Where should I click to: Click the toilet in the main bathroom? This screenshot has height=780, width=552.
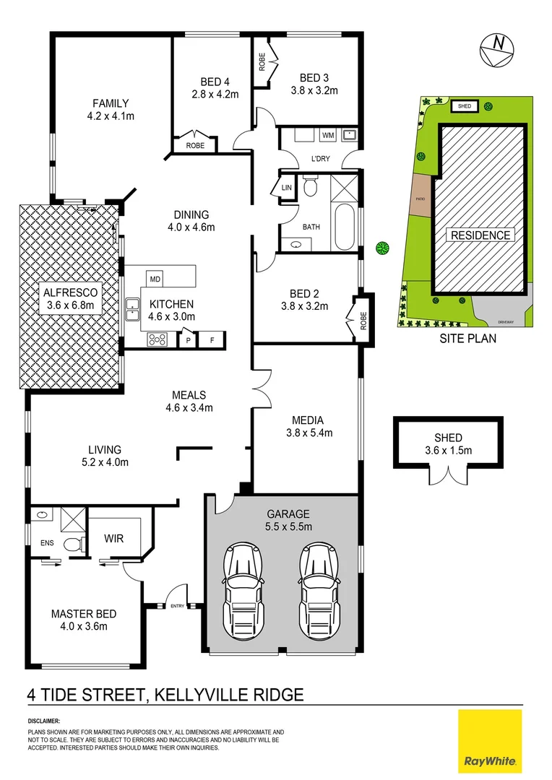pyautogui.click(x=311, y=188)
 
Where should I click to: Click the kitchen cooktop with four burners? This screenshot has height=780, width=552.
pyautogui.click(x=158, y=339)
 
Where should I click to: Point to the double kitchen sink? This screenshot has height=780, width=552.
pyautogui.click(x=132, y=310)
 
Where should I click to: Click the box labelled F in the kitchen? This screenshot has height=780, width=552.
pyautogui.click(x=212, y=339)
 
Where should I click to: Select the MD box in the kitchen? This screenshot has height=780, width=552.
pyautogui.click(x=155, y=279)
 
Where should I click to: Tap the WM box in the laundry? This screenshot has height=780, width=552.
pyautogui.click(x=328, y=135)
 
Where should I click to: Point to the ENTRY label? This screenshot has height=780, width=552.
pyautogui.click(x=177, y=606)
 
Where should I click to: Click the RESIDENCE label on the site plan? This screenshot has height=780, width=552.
pyautogui.click(x=480, y=235)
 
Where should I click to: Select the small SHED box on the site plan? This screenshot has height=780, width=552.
pyautogui.click(x=465, y=107)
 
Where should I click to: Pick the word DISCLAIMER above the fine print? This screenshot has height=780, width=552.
pyautogui.click(x=44, y=721)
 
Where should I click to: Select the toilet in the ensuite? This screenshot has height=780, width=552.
pyautogui.click(x=72, y=545)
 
